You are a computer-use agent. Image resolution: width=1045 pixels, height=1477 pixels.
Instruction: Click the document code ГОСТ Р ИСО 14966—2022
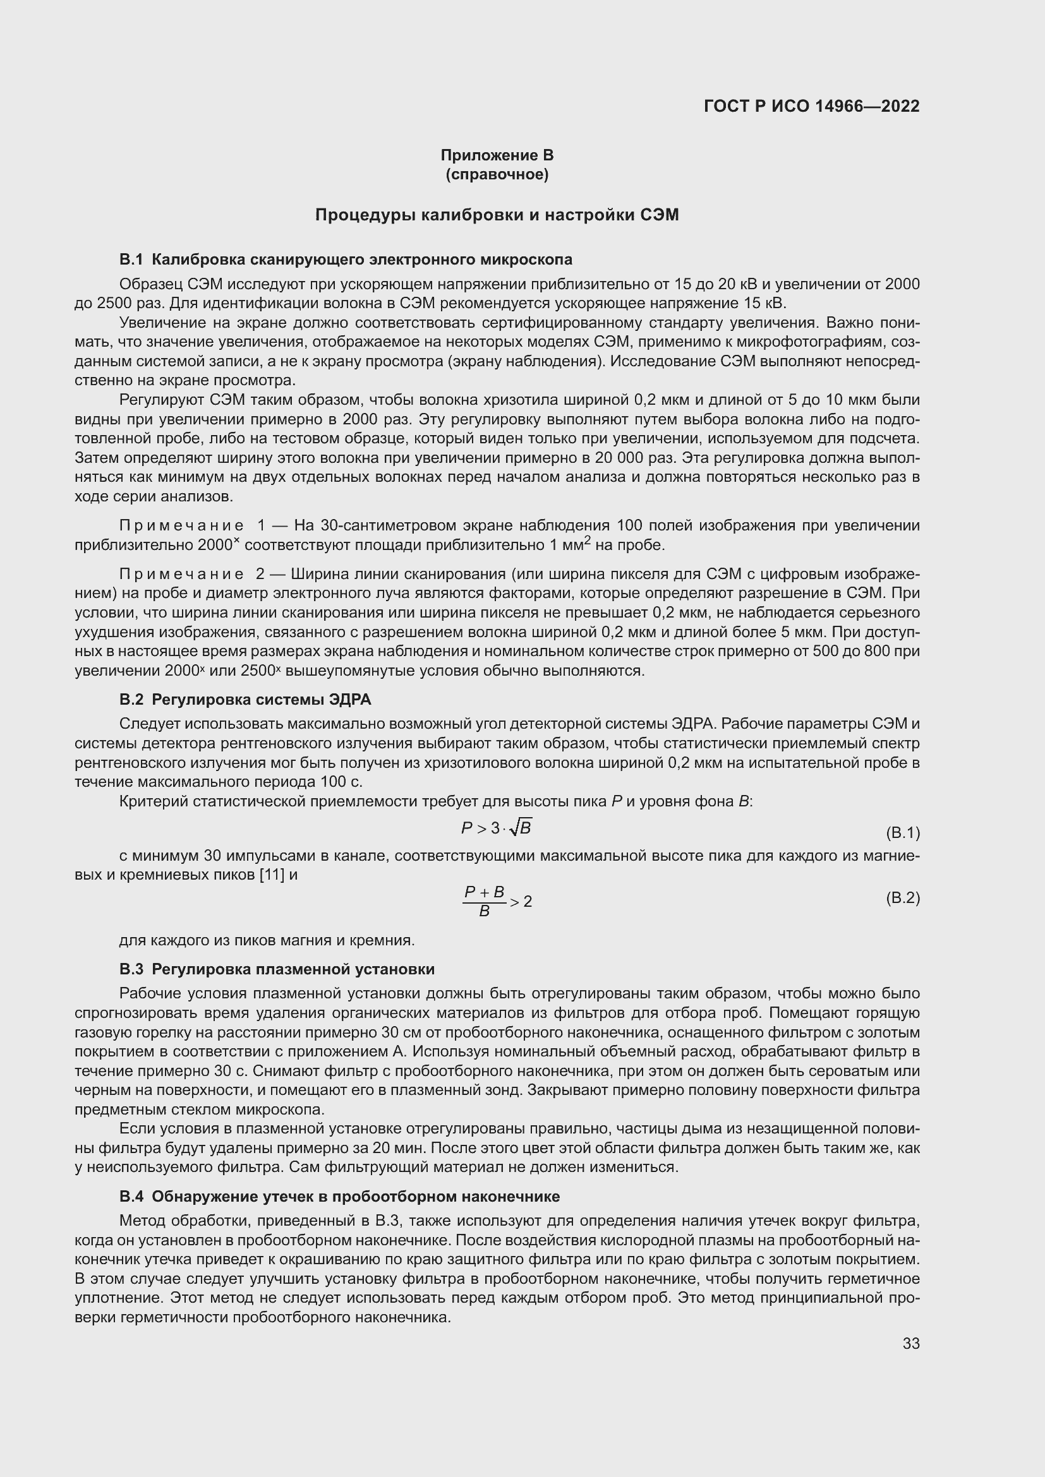click(811, 106)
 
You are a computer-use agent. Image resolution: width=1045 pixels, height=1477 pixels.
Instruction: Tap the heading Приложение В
click(497, 155)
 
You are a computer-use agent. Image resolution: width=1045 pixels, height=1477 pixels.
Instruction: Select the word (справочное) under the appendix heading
click(497, 174)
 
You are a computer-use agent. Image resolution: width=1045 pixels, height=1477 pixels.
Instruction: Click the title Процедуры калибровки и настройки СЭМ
click(497, 215)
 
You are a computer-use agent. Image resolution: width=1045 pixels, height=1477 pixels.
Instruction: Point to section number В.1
click(131, 260)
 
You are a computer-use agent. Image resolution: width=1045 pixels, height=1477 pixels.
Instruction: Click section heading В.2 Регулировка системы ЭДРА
click(245, 699)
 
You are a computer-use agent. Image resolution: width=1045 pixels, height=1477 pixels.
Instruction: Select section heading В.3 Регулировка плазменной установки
click(277, 969)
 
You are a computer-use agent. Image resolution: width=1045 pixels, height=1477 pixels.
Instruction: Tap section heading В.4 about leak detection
click(339, 1197)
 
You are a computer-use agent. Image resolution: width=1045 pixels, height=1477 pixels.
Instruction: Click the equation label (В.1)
click(903, 833)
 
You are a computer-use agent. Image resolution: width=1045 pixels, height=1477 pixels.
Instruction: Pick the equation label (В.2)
click(903, 897)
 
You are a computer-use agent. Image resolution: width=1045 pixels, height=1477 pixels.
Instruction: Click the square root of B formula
click(521, 828)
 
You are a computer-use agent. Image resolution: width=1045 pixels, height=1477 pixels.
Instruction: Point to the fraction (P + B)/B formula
click(485, 900)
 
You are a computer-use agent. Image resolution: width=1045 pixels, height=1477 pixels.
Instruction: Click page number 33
click(910, 1344)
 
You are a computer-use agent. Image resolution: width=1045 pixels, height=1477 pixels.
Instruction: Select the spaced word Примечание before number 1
click(181, 526)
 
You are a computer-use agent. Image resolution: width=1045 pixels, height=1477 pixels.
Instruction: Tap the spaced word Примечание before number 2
click(181, 574)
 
